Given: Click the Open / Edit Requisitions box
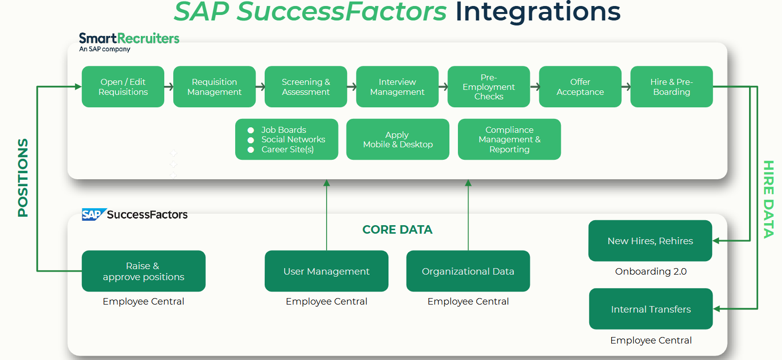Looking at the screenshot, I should [x=123, y=87].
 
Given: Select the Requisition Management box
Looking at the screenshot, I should [x=214, y=87].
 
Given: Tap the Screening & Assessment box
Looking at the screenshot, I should [x=306, y=87].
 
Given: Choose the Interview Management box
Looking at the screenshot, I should [x=397, y=87].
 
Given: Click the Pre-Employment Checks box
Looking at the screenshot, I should [x=488, y=87].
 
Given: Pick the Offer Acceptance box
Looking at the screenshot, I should [x=580, y=87].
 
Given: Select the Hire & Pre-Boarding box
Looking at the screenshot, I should [x=671, y=87].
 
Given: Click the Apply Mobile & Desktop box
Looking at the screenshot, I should [x=397, y=139].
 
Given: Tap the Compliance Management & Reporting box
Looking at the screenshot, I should [x=509, y=139].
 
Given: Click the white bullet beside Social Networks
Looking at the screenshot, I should [x=251, y=140].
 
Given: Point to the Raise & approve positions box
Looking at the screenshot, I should [x=143, y=271].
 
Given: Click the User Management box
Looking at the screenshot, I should [x=326, y=271].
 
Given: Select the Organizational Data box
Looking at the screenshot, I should [x=468, y=271].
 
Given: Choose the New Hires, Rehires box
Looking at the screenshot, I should [x=650, y=241].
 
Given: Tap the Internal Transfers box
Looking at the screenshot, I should [x=651, y=309].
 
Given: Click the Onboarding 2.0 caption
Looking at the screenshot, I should [x=651, y=272].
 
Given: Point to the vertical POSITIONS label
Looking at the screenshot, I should [x=23, y=178].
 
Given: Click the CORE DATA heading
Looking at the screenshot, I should [x=397, y=230].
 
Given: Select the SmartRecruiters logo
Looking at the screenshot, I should [x=129, y=41].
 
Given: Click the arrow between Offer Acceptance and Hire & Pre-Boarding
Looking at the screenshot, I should [x=626, y=87].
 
